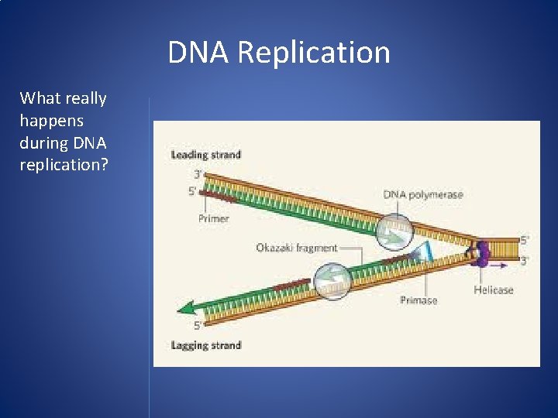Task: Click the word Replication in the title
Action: tap(314, 53)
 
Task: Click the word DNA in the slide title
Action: tap(200, 53)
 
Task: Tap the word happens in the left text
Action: tap(52, 121)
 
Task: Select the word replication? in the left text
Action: tap(64, 166)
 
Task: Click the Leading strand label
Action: tap(205, 155)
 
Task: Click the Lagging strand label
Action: tap(205, 345)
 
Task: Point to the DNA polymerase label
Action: tap(422, 194)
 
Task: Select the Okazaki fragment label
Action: tap(296, 248)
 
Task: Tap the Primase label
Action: tap(418, 300)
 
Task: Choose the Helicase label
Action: tap(493, 290)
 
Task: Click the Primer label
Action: tap(213, 219)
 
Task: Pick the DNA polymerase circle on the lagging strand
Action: tap(332, 278)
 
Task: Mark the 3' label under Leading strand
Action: tap(198, 175)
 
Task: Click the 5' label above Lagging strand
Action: tap(198, 325)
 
